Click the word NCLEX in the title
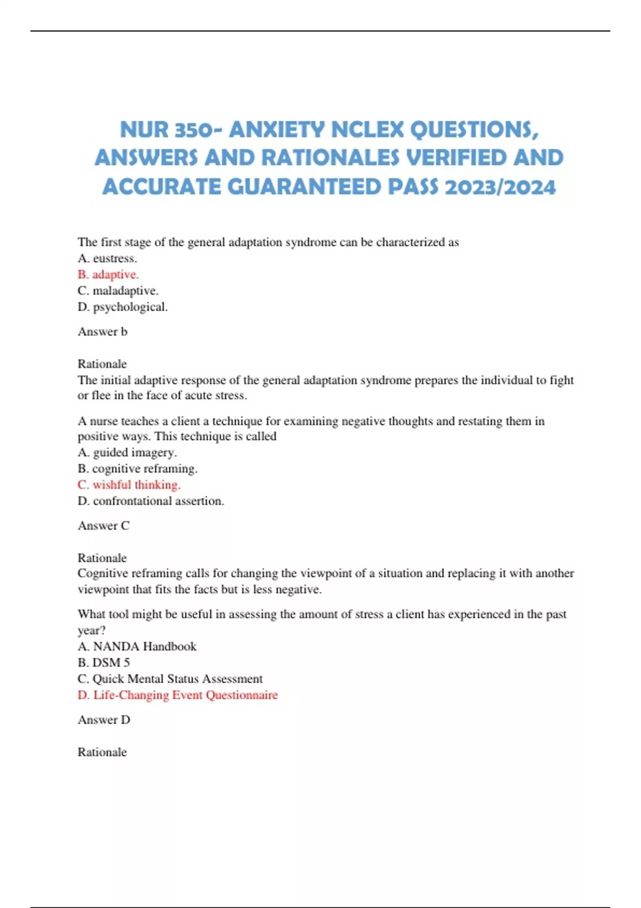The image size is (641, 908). (x=367, y=129)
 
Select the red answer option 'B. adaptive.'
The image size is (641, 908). (x=108, y=275)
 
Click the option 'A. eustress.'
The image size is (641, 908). (x=107, y=259)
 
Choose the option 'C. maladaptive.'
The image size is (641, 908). (x=118, y=291)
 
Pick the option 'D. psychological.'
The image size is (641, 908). (x=122, y=307)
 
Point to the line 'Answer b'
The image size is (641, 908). (x=103, y=332)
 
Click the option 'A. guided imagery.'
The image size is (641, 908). (x=127, y=452)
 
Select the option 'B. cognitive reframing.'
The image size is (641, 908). (x=137, y=468)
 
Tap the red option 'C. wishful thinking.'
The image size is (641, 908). (x=129, y=485)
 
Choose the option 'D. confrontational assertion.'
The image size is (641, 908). (x=151, y=501)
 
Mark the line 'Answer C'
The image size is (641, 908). (x=104, y=526)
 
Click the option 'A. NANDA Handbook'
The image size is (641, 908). (x=137, y=646)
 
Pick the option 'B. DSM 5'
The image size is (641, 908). (x=104, y=663)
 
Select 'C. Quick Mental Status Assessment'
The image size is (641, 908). (x=170, y=679)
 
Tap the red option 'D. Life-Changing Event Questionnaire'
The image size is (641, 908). (x=177, y=695)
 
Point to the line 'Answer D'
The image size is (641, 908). (x=104, y=720)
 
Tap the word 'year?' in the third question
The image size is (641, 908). (x=91, y=630)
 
